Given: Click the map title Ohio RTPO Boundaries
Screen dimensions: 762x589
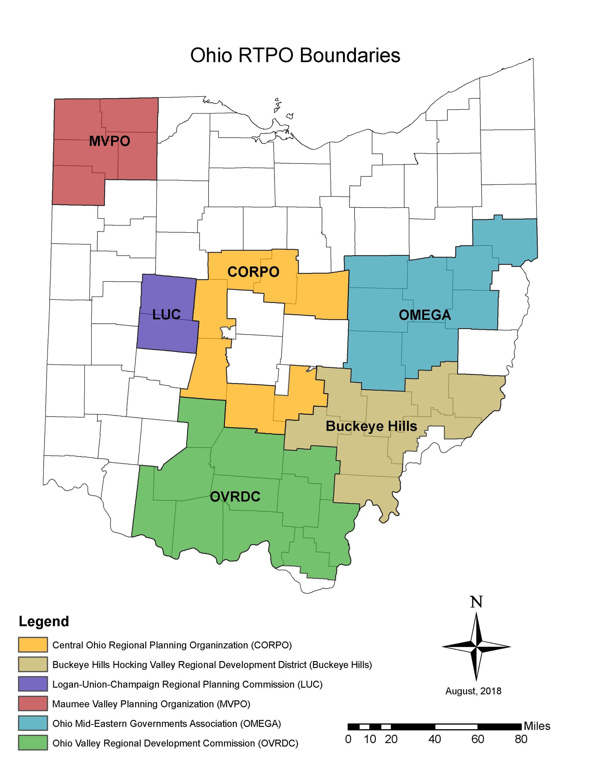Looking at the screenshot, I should [x=295, y=55].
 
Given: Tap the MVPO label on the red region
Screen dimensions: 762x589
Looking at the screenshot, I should [x=109, y=141].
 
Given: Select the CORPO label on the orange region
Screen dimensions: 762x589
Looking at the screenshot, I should [x=253, y=272].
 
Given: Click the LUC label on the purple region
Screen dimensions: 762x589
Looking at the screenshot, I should [x=166, y=314].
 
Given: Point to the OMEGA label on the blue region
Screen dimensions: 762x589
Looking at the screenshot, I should [x=425, y=315].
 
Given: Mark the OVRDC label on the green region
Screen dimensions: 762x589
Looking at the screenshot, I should [x=235, y=496].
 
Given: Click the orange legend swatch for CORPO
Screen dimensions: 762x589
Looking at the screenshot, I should [x=33, y=645].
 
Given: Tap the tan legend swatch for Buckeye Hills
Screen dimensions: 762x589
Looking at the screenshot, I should [x=33, y=664].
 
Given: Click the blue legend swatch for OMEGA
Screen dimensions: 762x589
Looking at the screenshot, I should [x=33, y=723].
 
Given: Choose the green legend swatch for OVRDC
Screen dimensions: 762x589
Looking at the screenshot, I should [x=33, y=743].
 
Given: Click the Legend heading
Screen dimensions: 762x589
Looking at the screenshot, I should [x=44, y=622].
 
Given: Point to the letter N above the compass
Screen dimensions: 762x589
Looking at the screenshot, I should [x=476, y=602].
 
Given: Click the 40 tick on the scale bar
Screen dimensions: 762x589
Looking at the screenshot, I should [x=434, y=739].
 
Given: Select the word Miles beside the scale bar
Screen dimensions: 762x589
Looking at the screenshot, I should [x=537, y=726].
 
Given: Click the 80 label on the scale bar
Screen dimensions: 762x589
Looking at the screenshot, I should [x=521, y=739].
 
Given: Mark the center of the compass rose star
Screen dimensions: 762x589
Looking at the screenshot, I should [x=476, y=647].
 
